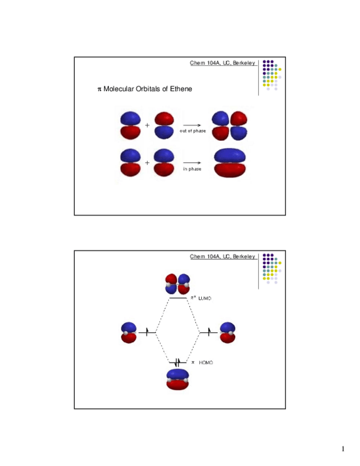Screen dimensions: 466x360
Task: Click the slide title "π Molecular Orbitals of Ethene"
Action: click(144, 89)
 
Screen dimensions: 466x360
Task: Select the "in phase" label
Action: click(192, 169)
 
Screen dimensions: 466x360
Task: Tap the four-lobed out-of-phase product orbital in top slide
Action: click(230, 126)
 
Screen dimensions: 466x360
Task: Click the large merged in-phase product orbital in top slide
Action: click(230, 163)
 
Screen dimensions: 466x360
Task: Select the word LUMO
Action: click(206, 298)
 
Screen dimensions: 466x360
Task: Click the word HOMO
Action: click(206, 363)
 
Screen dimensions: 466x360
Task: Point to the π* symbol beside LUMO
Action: click(193, 297)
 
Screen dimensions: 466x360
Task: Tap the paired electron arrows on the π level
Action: click(177, 362)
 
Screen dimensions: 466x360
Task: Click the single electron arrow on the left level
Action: click(147, 331)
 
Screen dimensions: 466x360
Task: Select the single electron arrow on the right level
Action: click(209, 331)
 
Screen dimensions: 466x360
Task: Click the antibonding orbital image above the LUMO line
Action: click(178, 284)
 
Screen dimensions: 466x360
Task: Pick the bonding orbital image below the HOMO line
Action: click(178, 380)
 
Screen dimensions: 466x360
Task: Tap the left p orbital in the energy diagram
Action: click(129, 332)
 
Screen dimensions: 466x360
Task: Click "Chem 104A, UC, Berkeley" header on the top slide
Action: click(222, 64)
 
